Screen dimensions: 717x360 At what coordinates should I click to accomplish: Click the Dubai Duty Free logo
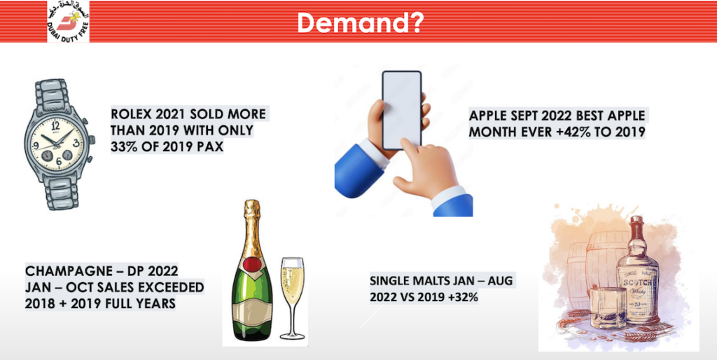pyautogui.click(x=68, y=22)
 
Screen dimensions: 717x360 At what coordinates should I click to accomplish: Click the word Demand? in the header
pyautogui.click(x=360, y=22)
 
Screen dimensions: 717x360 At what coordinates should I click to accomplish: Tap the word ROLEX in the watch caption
pyautogui.click(x=129, y=113)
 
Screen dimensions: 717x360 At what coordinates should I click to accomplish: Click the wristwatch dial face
pyautogui.click(x=57, y=143)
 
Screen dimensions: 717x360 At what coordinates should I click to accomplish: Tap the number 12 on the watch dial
pyautogui.click(x=56, y=124)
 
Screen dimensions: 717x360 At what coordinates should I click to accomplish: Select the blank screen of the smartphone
pyautogui.click(x=401, y=110)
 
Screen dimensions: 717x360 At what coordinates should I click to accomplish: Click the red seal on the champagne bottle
pyautogui.click(x=250, y=265)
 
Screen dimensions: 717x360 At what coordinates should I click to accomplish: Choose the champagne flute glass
pyautogui.click(x=292, y=298)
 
